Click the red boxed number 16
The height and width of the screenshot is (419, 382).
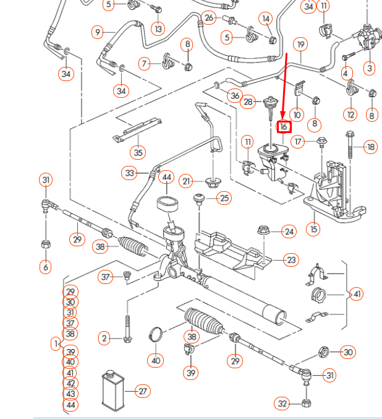click(x=284, y=127)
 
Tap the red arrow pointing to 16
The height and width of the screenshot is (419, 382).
click(x=285, y=87)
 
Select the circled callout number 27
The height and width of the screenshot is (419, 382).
click(x=143, y=391)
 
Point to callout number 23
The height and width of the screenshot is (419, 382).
click(x=291, y=260)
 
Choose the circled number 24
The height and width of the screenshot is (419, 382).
click(x=289, y=231)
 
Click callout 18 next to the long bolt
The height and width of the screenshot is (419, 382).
click(x=370, y=147)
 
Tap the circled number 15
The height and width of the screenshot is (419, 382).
click(x=314, y=229)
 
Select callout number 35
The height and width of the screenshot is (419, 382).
click(x=138, y=152)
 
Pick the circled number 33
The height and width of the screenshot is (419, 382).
click(x=129, y=173)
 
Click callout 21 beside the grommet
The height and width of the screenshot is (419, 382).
click(x=187, y=181)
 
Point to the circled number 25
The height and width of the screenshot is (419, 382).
click(x=223, y=198)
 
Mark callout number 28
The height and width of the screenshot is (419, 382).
click(x=248, y=102)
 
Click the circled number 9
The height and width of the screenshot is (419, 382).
click(x=97, y=32)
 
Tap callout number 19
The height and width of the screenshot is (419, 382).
click(x=300, y=45)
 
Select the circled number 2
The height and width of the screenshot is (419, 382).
click(x=104, y=338)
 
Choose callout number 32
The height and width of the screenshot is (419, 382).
click(x=283, y=404)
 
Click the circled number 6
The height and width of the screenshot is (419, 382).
click(x=45, y=267)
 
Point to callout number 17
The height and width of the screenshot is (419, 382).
click(x=299, y=142)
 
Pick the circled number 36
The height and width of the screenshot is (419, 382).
click(x=234, y=95)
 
